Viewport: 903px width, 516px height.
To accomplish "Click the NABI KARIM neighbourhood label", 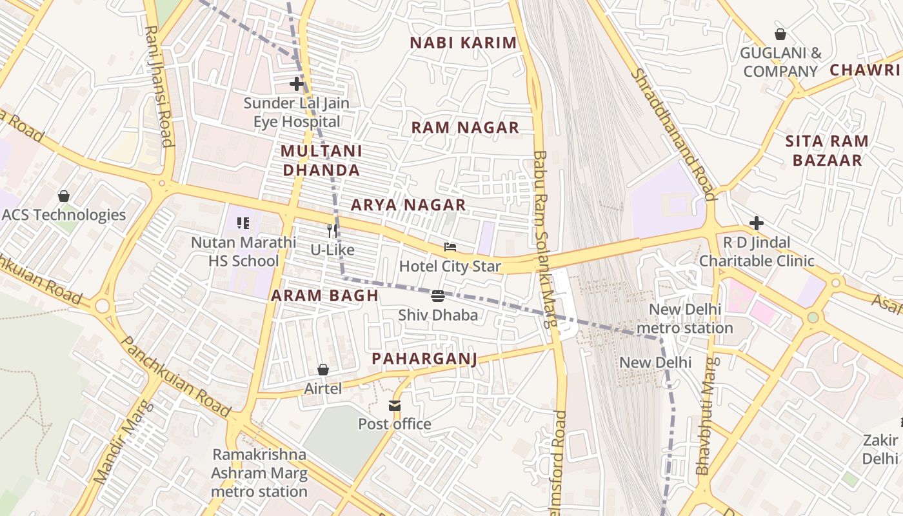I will point(464,43).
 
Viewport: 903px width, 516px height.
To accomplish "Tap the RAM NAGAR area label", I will point(465,128).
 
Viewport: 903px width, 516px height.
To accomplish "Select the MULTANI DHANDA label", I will point(321,161).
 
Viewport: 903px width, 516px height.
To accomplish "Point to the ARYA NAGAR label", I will point(408,205).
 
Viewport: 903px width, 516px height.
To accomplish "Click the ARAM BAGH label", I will point(324,295).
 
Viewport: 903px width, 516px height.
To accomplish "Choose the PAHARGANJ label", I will point(424,359).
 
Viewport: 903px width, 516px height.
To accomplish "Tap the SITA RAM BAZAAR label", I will point(827,151).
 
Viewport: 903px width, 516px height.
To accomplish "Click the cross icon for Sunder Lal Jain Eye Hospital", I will point(297,84).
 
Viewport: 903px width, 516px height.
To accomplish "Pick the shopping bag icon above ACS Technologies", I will point(64,195).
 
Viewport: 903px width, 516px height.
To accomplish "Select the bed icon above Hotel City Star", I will point(450,247).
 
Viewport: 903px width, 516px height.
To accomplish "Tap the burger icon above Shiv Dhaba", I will point(438,296).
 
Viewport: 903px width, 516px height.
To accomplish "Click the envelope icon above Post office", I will point(394,406).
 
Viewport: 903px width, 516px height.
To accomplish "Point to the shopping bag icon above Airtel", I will point(323,370).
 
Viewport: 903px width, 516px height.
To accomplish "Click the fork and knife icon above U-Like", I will point(332,230).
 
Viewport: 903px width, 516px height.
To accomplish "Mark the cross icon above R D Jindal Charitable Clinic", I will point(757,223).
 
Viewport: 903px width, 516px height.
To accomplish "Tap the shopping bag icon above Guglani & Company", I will point(780,34).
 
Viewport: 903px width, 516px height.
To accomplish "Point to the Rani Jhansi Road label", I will point(159,86).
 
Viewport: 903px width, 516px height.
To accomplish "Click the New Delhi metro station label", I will point(684,319).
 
